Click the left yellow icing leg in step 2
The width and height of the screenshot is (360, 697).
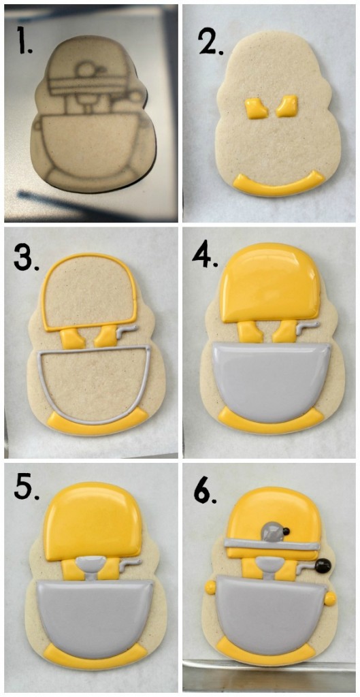click(x=255, y=108)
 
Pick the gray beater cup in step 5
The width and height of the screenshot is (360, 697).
click(x=91, y=564)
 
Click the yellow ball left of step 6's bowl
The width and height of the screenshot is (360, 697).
click(x=210, y=586)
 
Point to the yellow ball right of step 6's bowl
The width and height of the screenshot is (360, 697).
click(x=330, y=599)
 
